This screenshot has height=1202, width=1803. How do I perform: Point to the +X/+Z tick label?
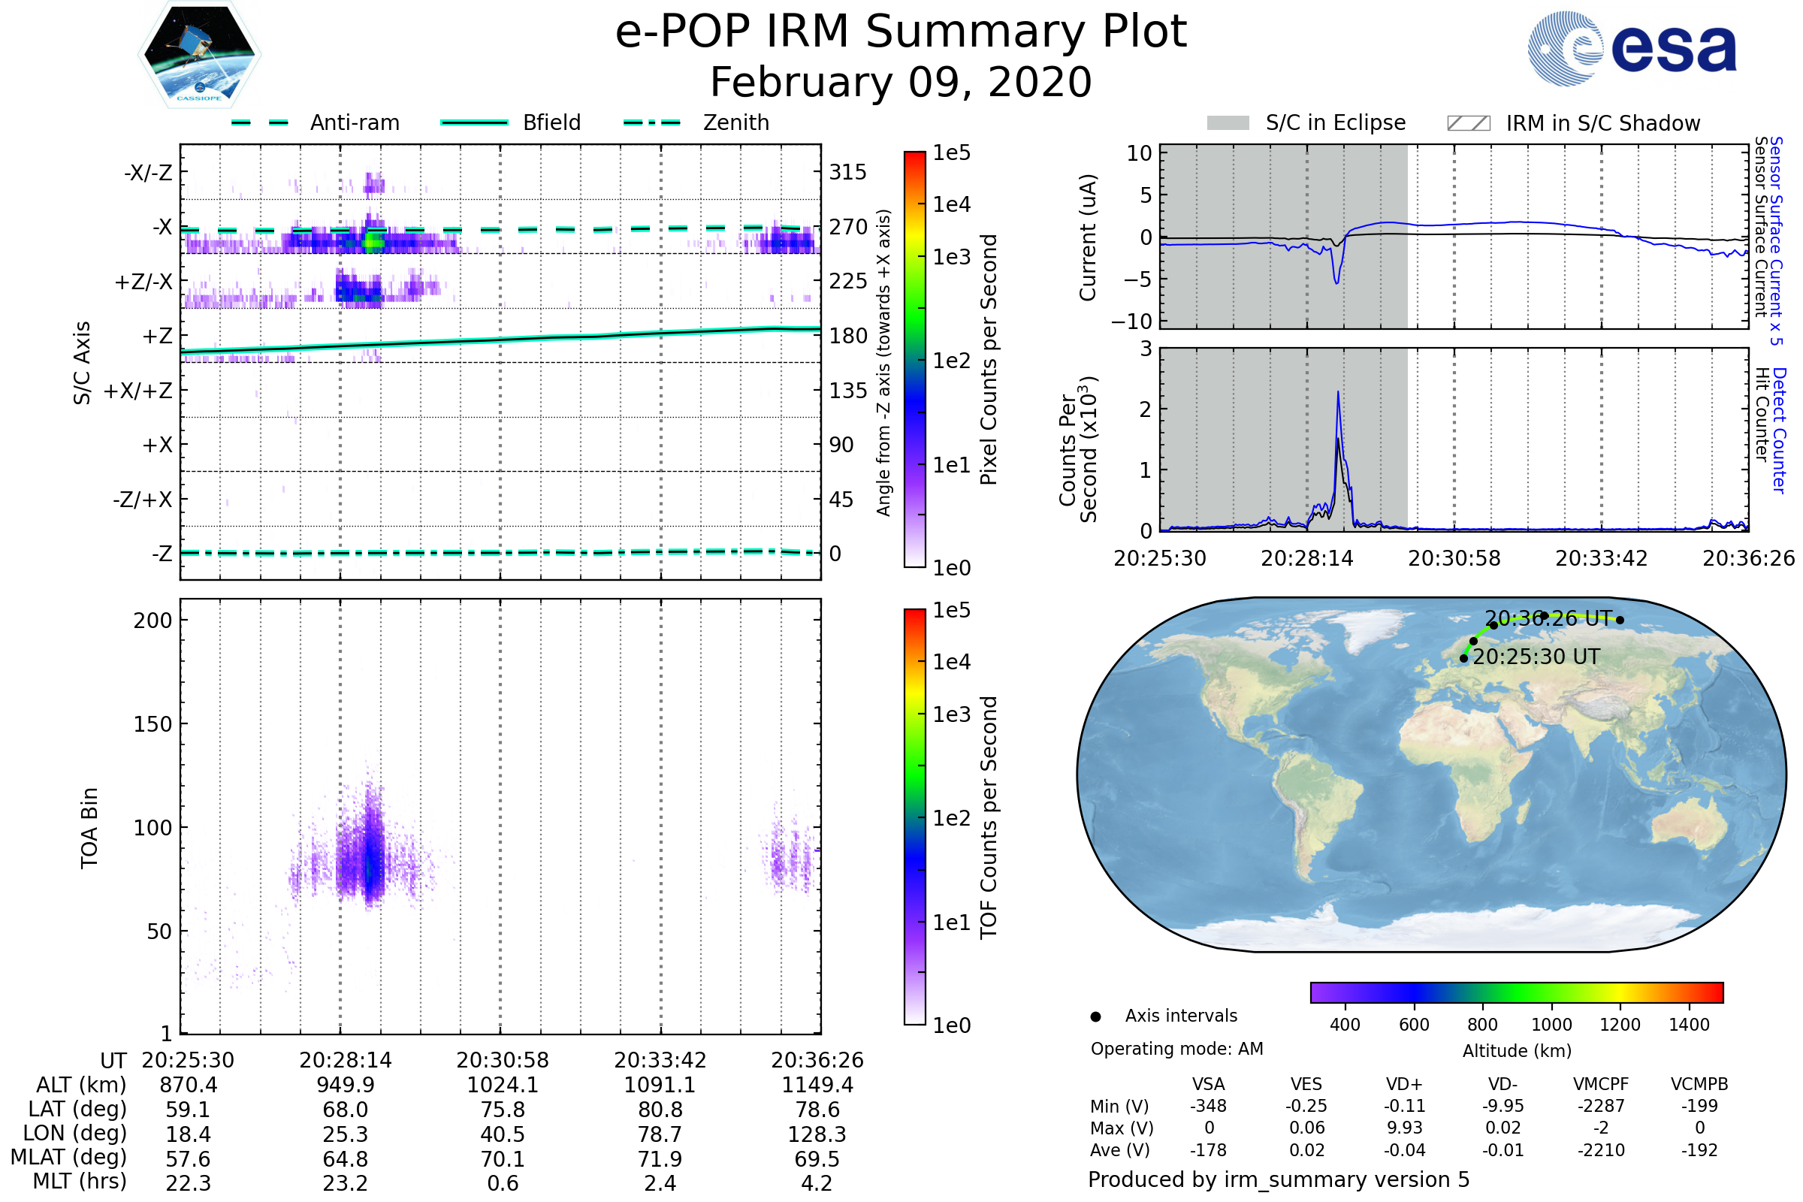point(138,391)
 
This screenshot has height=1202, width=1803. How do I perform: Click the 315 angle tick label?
point(848,172)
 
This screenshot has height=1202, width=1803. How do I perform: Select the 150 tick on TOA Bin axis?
point(153,723)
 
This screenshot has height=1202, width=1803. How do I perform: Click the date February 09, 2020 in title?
point(901,82)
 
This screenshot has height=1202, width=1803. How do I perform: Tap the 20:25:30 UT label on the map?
point(1536,657)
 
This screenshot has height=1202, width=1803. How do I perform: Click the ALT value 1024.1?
point(503,1085)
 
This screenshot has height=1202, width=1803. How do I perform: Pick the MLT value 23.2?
point(345,1182)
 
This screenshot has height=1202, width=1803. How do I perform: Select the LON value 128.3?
point(817,1134)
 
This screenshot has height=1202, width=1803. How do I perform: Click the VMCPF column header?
point(1601,1084)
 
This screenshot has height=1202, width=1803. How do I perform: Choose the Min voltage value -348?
point(1208,1105)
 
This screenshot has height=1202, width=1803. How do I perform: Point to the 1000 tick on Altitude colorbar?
point(1551,1024)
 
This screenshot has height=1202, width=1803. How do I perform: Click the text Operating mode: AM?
point(1176,1049)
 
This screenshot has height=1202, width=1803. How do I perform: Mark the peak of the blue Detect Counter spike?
point(1339,392)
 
